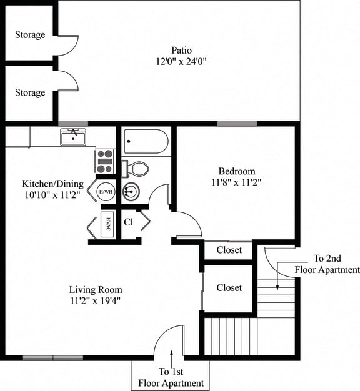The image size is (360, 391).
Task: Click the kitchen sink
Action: coord(73,136)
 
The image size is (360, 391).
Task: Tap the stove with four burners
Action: coord(104,161)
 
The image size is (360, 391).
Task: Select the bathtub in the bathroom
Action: coord(146,142)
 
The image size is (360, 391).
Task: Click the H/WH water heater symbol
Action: coord(106,191)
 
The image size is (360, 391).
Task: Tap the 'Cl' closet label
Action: coord(128,222)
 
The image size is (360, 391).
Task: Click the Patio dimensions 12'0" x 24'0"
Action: coord(181,61)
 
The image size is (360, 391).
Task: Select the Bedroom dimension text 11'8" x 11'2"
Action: coord(236,182)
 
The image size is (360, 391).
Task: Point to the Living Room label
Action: coord(96,290)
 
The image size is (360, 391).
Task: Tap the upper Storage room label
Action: coord(30,35)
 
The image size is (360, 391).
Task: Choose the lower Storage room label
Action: coord(30,92)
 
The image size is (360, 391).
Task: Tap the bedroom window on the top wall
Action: coord(237,124)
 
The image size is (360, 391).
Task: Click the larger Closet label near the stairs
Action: coord(229,287)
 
